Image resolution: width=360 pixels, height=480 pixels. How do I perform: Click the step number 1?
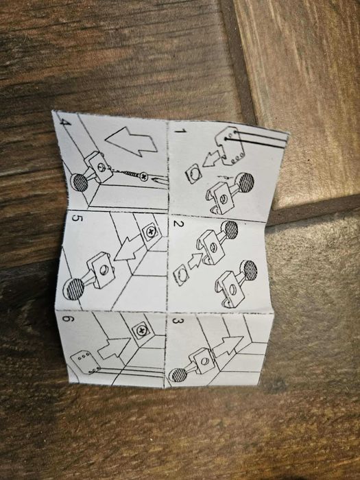click(180, 131)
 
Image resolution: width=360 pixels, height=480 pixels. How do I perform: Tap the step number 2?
click(178, 224)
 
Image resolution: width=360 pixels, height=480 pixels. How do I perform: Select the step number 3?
click(178, 321)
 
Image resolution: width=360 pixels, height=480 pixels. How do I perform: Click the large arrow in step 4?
click(132, 141)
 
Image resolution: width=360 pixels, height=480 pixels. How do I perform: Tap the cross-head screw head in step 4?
click(143, 176)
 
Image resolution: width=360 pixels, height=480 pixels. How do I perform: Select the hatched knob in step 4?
click(80, 182)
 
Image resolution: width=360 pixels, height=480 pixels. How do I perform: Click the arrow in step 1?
click(212, 158)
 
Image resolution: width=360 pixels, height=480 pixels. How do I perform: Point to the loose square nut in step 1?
click(193, 173)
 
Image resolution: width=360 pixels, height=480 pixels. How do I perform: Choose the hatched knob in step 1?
click(245, 182)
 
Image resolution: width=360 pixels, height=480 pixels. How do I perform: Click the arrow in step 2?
click(194, 261)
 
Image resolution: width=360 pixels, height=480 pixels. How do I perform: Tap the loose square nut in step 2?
click(181, 274)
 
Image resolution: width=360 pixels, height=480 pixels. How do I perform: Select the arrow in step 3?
click(228, 346)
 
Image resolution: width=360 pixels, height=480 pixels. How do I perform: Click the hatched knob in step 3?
click(178, 375)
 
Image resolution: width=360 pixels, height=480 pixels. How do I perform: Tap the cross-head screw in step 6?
click(141, 331)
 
